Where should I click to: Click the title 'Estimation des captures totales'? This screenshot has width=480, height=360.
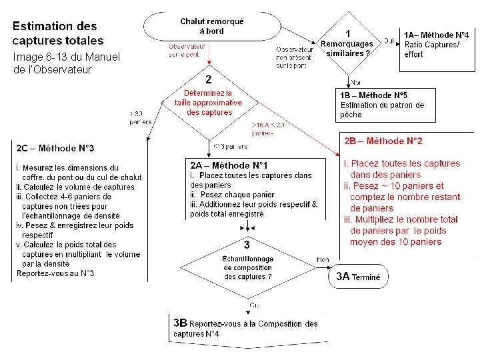point(55,33)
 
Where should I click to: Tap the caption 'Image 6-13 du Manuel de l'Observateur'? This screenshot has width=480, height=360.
point(65,63)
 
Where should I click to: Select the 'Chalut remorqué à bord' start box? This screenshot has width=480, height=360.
point(212,26)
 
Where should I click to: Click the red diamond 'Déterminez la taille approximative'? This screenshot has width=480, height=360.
point(209,103)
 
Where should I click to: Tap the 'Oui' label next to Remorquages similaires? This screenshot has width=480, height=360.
point(389,40)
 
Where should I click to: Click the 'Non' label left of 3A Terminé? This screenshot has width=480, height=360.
point(323,261)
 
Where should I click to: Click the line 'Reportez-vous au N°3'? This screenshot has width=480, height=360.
point(55,273)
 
